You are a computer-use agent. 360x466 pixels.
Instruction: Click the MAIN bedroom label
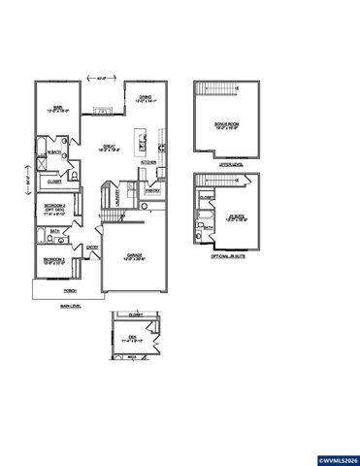pos(58,109)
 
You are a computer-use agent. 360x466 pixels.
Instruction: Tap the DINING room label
pos(145,98)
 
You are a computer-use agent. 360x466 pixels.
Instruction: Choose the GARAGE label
pos(136,256)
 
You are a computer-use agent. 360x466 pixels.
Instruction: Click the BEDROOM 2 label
pos(54,209)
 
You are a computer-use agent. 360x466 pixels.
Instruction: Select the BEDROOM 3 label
pos(53,262)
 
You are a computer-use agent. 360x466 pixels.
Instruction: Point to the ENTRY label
pos(92,248)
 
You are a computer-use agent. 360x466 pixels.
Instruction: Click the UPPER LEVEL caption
pos(229,165)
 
